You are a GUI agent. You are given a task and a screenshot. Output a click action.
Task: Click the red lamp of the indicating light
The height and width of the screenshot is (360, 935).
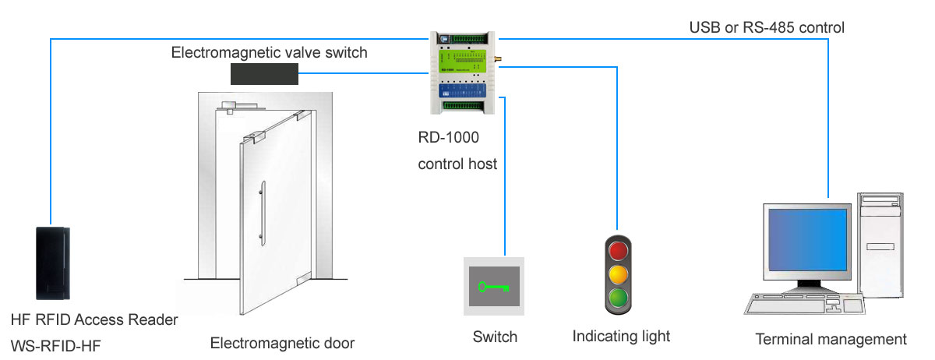pyautogui.click(x=618, y=251)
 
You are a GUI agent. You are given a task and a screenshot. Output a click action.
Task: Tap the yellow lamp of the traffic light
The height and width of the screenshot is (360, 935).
pyautogui.click(x=618, y=274)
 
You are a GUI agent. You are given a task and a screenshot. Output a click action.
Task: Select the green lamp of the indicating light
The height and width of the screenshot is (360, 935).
pyautogui.click(x=618, y=298)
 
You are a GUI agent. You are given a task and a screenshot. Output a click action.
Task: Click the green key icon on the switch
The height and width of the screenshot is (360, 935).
pyautogui.click(x=494, y=286)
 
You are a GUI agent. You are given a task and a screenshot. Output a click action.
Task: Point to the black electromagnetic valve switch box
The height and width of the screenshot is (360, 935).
pyautogui.click(x=266, y=74)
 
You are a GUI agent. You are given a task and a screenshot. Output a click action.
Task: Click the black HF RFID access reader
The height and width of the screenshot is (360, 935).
pyautogui.click(x=54, y=263)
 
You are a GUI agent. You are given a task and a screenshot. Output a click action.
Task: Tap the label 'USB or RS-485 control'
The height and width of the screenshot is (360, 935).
pyautogui.click(x=767, y=27)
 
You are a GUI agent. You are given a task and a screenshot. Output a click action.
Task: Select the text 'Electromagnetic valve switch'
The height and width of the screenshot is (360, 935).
pyautogui.click(x=269, y=53)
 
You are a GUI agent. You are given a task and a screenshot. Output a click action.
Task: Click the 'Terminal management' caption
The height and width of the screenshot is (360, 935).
pyautogui.click(x=831, y=339)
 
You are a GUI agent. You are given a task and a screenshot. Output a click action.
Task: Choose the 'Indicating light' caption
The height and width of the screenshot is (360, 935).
pyautogui.click(x=621, y=337)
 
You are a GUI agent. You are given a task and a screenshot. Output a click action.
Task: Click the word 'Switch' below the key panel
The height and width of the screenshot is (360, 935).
pyautogui.click(x=495, y=337)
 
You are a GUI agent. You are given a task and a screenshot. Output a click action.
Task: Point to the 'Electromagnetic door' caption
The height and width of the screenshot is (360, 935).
pyautogui.click(x=283, y=343)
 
